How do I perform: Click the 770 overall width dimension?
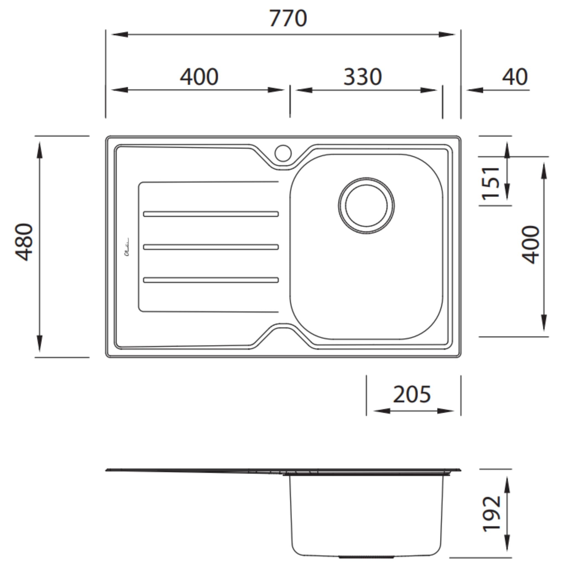pyautogui.click(x=288, y=19)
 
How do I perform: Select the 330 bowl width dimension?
pyautogui.click(x=362, y=77)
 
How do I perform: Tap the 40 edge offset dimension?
pyautogui.click(x=515, y=77)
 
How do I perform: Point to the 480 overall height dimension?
pyautogui.click(x=24, y=242)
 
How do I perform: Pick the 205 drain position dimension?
pyautogui.click(x=412, y=394)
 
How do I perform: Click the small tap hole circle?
pyautogui.click(x=283, y=153)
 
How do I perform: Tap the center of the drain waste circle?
pyautogui.click(x=366, y=206)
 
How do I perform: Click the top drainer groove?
pyautogui.click(x=211, y=214)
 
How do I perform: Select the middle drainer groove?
pyautogui.click(x=211, y=247)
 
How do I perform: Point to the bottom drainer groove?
pyautogui.click(x=211, y=280)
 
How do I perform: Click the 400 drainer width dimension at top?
pyautogui.click(x=199, y=77)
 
